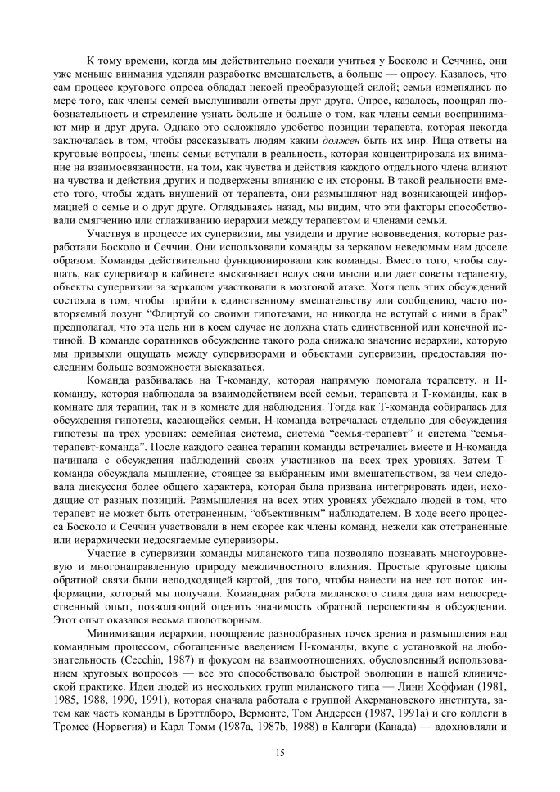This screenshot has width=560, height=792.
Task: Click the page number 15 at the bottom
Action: (x=280, y=752)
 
